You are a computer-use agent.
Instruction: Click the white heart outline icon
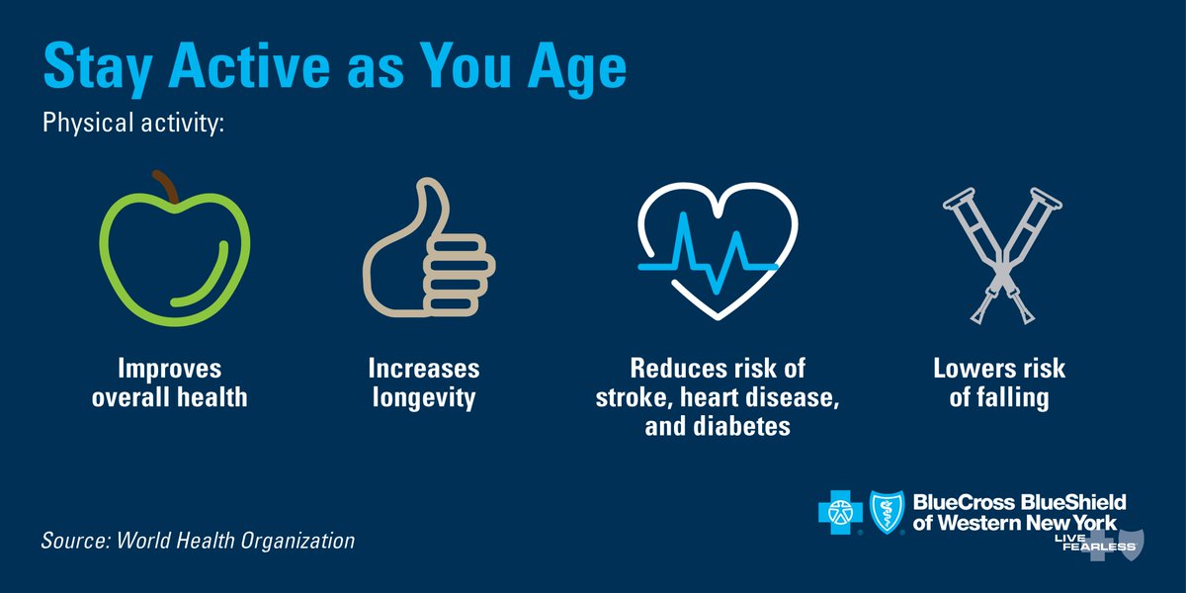tap(709, 252)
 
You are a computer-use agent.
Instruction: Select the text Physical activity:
tap(133, 126)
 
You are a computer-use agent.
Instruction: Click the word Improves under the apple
tap(169, 370)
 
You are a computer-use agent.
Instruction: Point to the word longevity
tap(423, 399)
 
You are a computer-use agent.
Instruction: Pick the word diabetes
tap(735, 428)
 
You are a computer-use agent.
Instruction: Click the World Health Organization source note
tap(198, 542)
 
